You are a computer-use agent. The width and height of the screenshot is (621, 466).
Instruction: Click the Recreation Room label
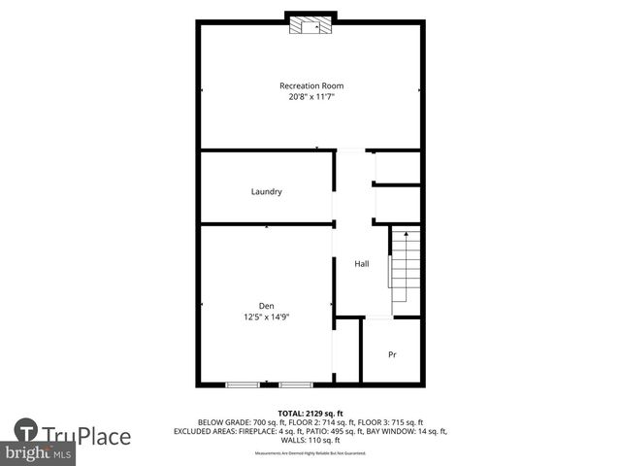pyautogui.click(x=310, y=85)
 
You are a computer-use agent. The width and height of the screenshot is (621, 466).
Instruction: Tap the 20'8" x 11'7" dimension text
pyautogui.click(x=310, y=96)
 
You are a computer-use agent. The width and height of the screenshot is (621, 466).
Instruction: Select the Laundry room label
pyautogui.click(x=266, y=191)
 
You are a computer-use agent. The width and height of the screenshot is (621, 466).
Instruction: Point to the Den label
pyautogui.click(x=266, y=306)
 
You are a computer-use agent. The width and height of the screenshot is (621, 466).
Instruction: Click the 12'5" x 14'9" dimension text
pyautogui.click(x=266, y=316)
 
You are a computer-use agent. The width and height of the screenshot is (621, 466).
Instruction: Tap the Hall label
pyautogui.click(x=361, y=264)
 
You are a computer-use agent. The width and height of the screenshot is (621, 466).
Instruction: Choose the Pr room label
pyautogui.click(x=392, y=354)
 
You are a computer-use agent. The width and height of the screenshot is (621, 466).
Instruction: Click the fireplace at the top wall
pyautogui.click(x=310, y=25)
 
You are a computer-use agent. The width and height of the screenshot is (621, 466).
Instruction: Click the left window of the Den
pyautogui.click(x=242, y=385)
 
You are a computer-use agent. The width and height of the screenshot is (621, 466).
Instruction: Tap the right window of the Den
pyautogui.click(x=295, y=385)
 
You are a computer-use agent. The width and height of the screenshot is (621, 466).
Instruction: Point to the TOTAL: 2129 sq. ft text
pyautogui.click(x=310, y=413)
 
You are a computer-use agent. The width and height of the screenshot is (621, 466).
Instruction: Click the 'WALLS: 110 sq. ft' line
pyautogui.click(x=310, y=440)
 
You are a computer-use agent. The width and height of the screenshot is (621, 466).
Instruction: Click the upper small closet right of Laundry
pyautogui.click(x=397, y=167)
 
